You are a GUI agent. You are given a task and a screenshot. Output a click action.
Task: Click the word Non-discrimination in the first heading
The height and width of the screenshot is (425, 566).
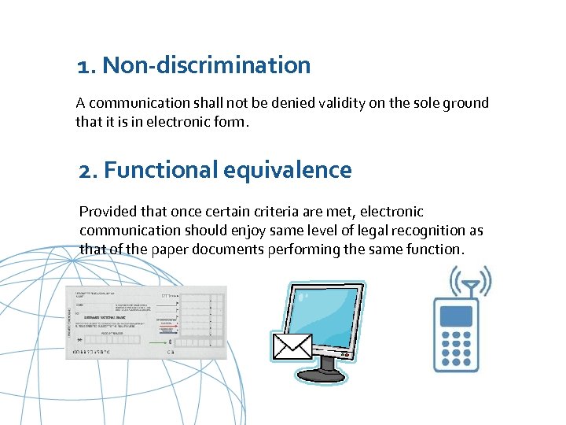(x=207, y=65)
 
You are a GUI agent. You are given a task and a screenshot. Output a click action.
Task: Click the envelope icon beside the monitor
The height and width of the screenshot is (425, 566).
(x=292, y=346)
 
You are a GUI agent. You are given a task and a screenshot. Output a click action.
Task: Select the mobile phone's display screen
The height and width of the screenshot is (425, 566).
(x=457, y=316)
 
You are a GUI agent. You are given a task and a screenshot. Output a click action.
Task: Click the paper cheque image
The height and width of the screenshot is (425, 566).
(x=145, y=322)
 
